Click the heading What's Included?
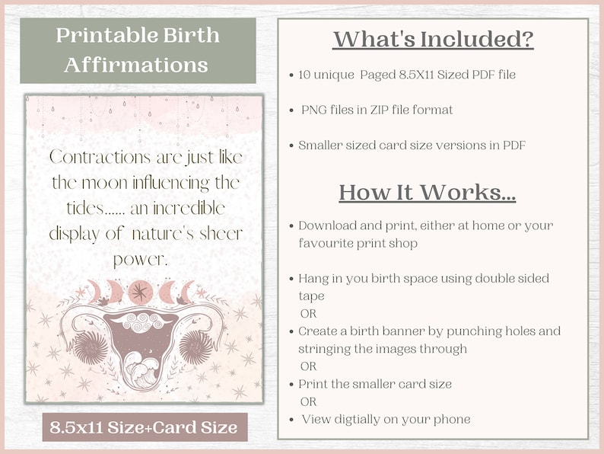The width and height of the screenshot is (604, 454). pyautogui.click(x=433, y=39)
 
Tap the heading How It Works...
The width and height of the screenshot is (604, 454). pyautogui.click(x=428, y=192)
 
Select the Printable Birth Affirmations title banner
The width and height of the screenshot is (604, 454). pyautogui.click(x=136, y=50)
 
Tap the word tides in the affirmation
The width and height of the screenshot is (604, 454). pyautogui.click(x=74, y=208)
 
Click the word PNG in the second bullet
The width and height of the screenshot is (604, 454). pyautogui.click(x=313, y=110)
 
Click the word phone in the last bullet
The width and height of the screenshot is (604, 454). pyautogui.click(x=452, y=419)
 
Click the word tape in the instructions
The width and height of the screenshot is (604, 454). pyautogui.click(x=312, y=296)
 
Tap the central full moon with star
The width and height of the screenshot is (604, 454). pyautogui.click(x=139, y=292)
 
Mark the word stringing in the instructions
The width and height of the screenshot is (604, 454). pyautogui.click(x=324, y=349)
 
